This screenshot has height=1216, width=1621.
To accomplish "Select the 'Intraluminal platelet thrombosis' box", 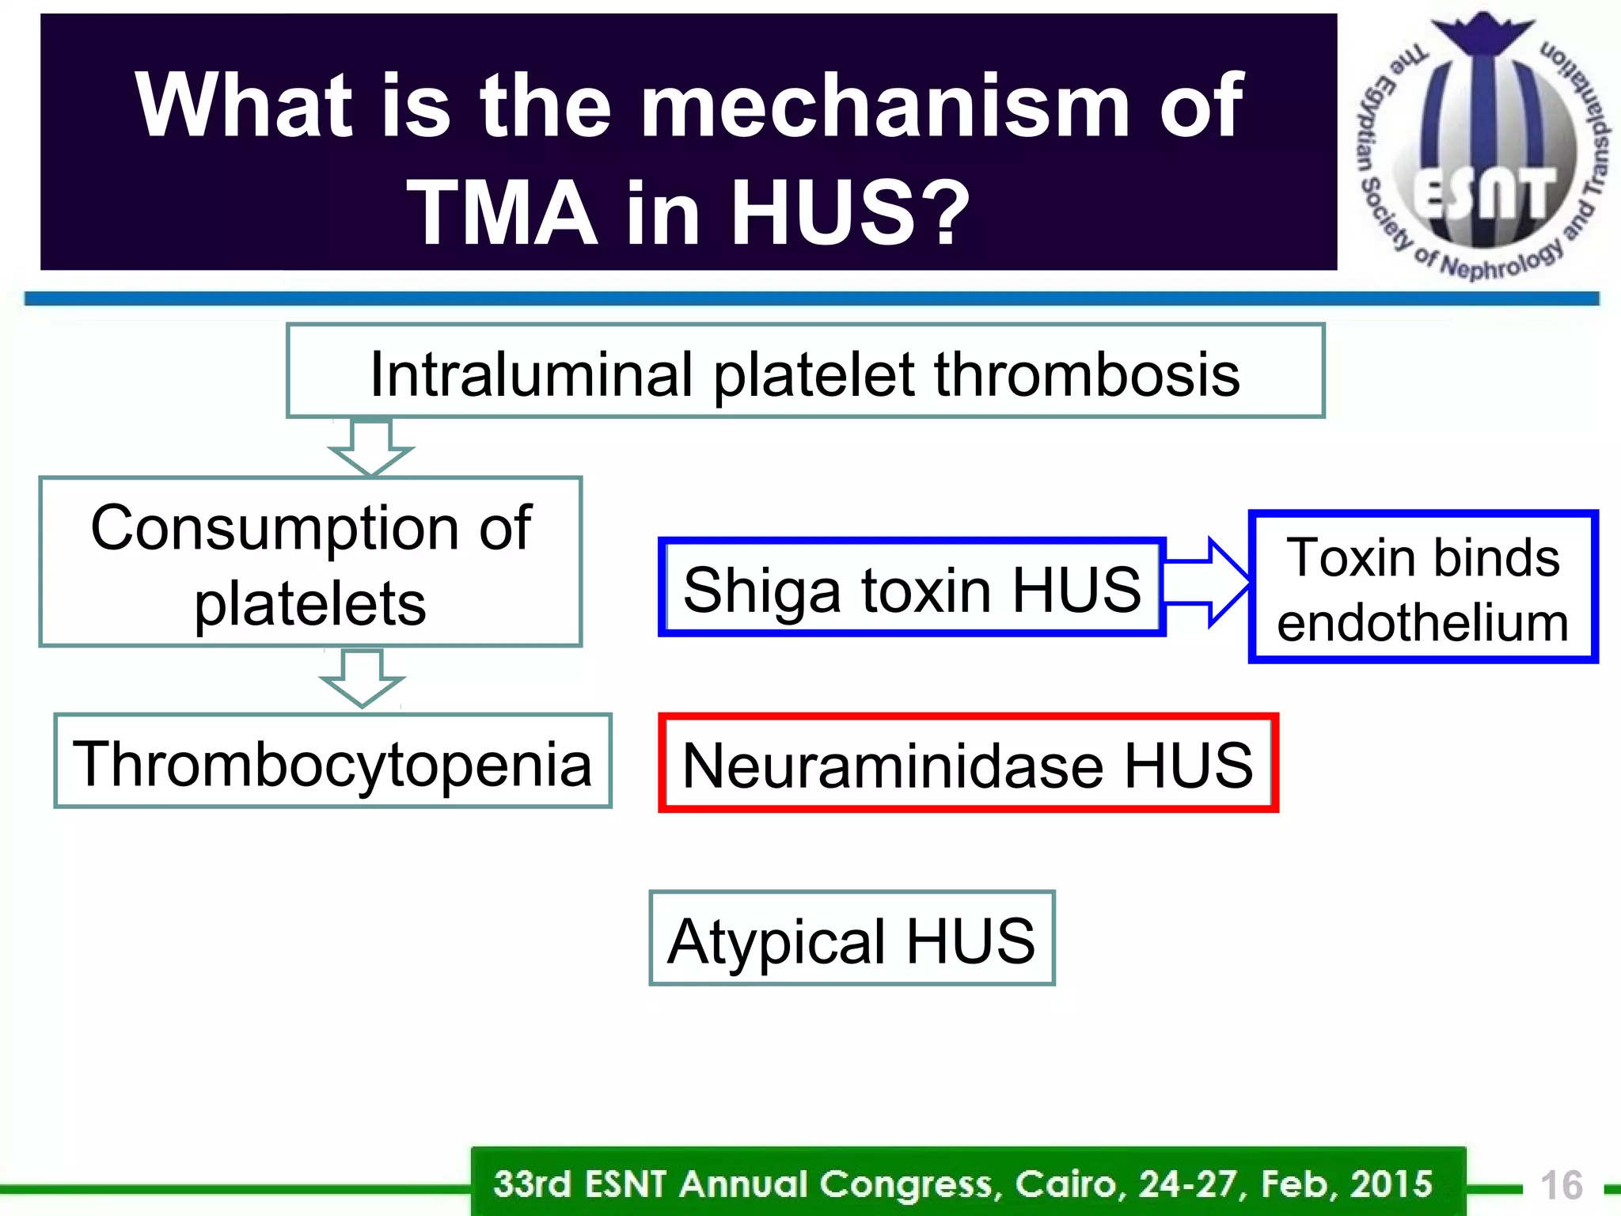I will [805, 370].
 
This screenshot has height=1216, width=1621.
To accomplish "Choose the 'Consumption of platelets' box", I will [310, 562].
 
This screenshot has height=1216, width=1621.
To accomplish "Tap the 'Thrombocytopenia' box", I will [332, 762].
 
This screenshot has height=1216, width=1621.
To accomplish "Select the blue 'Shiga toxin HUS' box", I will [911, 587].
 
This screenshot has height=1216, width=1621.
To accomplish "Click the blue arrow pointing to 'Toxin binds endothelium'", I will [1208, 583].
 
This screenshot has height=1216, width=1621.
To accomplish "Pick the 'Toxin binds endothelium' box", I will [1422, 587].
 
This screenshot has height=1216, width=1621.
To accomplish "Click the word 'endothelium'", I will [1422, 623].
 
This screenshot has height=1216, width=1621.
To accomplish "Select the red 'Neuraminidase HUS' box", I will [967, 763].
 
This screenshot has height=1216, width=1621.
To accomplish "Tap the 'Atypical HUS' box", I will [852, 939].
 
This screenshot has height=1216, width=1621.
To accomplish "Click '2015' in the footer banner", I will [1391, 1184].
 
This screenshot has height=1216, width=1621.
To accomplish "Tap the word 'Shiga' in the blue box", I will [761, 591].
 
